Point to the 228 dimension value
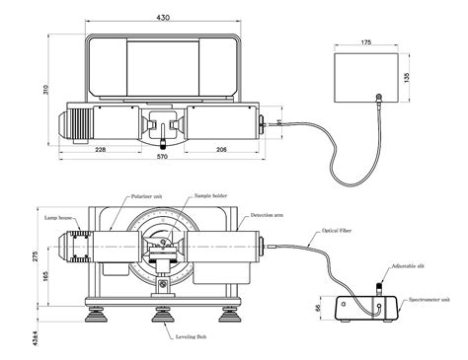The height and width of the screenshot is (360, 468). tap(102, 150)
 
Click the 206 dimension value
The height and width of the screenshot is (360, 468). tap(221, 150)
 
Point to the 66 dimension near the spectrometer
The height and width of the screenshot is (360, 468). tap(318, 309)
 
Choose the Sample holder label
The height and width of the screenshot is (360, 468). tap(210, 196)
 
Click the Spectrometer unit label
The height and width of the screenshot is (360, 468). tap(432, 300)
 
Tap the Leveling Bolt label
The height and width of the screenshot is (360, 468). tap(191, 337)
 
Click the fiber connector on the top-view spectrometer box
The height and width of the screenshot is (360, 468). tap(379, 97)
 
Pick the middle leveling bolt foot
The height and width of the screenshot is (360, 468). tap(161, 316)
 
